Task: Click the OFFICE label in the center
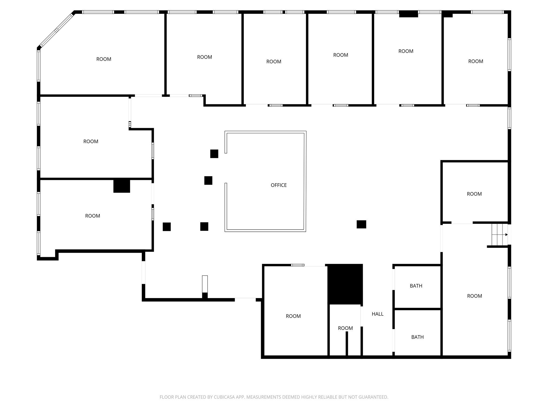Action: pos(279,185)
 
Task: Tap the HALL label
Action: pos(377,314)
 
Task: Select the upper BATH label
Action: pos(416,286)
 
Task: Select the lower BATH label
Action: pos(417,337)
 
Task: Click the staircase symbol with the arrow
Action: pos(499,235)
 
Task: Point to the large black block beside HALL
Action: pos(345,284)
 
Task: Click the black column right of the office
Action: pos(361,224)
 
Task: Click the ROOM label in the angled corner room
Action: pos(104,59)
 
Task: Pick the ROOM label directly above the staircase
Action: pos(474,194)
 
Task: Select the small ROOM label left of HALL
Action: pos(345,328)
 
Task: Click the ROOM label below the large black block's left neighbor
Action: pos(293,316)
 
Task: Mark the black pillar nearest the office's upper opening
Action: pos(214,154)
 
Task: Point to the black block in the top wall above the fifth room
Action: pos(408,14)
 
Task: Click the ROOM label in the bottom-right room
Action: pos(474,296)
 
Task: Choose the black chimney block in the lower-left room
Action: pos(122,186)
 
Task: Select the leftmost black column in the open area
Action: pos(167,227)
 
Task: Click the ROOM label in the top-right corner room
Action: pos(475,61)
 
